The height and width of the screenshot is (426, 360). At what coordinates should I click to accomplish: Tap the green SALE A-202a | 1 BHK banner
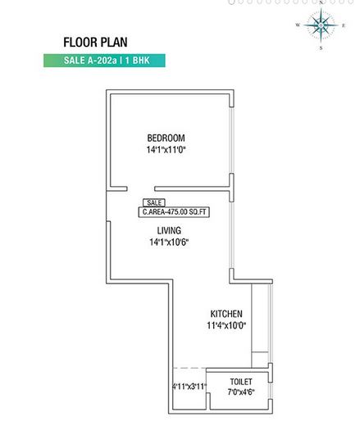tap(104, 61)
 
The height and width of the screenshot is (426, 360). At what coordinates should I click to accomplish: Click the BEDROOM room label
tap(166, 138)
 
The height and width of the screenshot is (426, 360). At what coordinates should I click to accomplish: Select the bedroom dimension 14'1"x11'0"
tap(166, 150)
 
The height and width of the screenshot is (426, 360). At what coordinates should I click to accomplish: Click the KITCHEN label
tap(227, 314)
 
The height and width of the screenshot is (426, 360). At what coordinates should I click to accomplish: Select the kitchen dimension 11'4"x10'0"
tap(227, 326)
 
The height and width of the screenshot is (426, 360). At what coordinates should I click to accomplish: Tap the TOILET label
tap(240, 382)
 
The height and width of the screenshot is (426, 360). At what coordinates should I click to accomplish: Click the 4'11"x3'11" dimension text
tap(189, 387)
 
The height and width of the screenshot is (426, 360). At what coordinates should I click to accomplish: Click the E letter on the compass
tap(343, 25)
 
